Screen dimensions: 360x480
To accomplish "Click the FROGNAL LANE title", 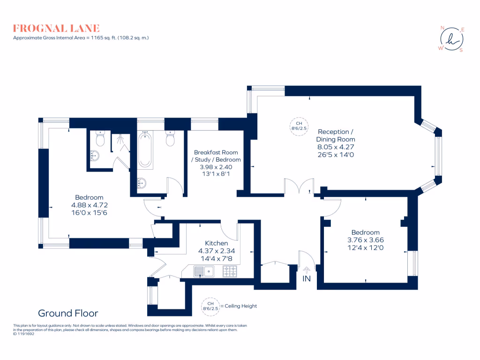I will coord(56,28).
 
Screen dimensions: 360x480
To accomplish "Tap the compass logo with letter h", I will coord(451,39).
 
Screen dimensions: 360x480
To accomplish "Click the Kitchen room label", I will coord(217,243).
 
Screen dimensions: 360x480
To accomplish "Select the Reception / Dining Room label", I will coord(336,135).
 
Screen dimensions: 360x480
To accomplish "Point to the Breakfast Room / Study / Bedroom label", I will coord(216,156).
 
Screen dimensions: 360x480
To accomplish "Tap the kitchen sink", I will coord(204,271).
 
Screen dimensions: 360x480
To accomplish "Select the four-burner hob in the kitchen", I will coord(230,271).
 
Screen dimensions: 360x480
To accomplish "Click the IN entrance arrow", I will coord(307,270).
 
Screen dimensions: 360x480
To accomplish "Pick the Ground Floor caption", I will coord(68,313).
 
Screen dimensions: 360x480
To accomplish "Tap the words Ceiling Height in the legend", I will coord(241,306).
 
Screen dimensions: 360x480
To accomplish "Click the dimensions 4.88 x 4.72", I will coord(89,205).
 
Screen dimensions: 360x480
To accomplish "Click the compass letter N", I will coord(442,28).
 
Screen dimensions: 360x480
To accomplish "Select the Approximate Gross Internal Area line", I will coord(81,37).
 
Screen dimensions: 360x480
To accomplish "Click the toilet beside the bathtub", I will coord(170,139).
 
